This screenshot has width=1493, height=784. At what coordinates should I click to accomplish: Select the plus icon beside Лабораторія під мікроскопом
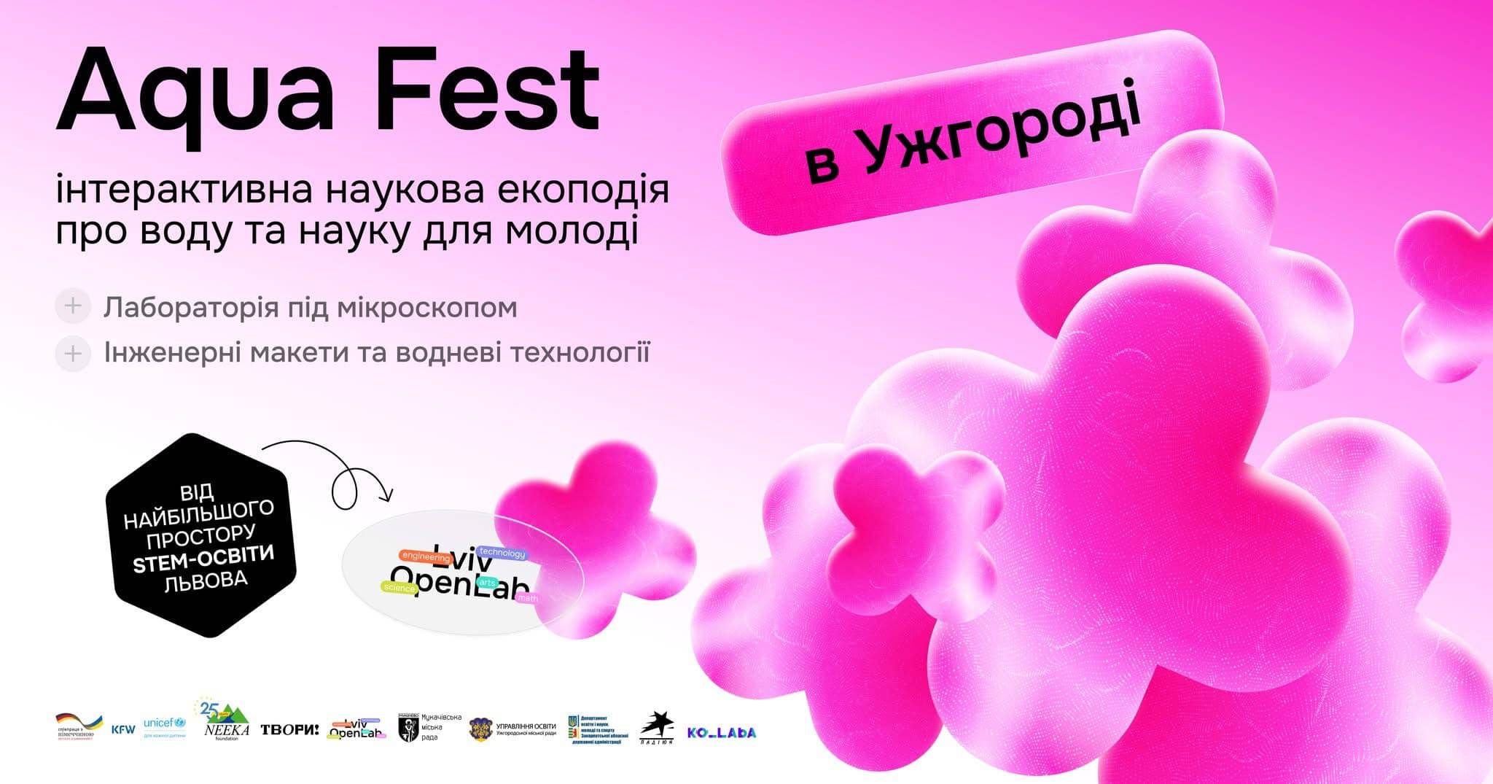pos(72,306)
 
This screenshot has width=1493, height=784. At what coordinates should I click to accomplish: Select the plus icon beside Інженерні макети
pos(72,354)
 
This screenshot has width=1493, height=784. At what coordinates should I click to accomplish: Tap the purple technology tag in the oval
pos(502,554)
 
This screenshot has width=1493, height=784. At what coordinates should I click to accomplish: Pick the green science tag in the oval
pos(398,587)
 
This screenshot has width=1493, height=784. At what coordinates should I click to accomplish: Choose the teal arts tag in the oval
pos(486,584)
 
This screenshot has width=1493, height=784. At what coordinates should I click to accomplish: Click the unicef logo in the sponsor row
pos(165,725)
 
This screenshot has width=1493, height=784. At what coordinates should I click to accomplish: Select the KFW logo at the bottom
pos(123,729)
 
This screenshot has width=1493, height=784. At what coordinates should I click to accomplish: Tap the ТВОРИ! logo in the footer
pos(289,729)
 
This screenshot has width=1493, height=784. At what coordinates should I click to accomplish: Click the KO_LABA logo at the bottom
pos(721,731)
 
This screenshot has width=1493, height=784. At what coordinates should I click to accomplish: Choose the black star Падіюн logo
pos(656,726)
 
